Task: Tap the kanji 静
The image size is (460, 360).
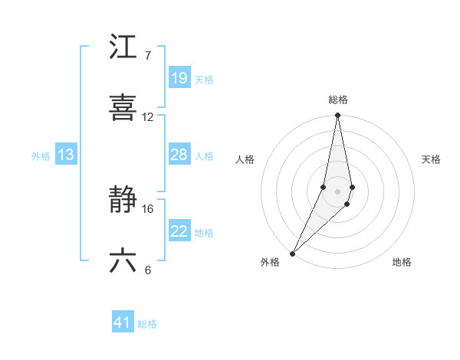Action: (123, 201)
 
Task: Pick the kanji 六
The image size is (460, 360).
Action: (123, 261)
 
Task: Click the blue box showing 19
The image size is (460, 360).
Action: (179, 78)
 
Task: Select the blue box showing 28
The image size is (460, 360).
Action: (179, 155)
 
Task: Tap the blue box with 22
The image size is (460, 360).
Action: (179, 231)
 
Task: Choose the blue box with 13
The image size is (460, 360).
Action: (66, 155)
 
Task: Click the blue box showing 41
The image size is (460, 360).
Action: (123, 322)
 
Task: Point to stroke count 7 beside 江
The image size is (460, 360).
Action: (147, 56)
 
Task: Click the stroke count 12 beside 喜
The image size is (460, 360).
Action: (148, 117)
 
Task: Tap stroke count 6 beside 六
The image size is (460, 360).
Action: (147, 270)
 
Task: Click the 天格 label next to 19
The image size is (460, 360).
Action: (204, 79)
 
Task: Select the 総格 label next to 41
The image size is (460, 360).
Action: (147, 324)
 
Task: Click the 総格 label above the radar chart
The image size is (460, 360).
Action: (338, 100)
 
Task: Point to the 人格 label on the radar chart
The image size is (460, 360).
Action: (245, 159)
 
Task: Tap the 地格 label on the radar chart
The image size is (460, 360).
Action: (402, 262)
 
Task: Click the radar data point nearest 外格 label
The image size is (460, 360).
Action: (293, 253)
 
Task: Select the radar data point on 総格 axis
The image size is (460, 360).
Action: (338, 116)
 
